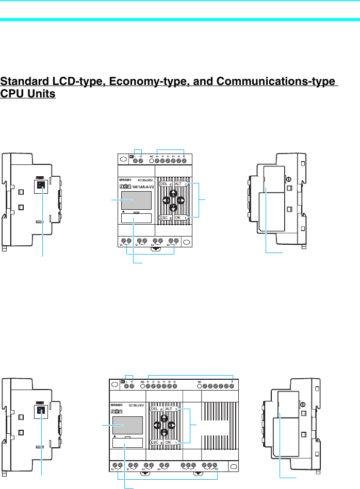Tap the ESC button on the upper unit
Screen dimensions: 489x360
coord(165,217)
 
